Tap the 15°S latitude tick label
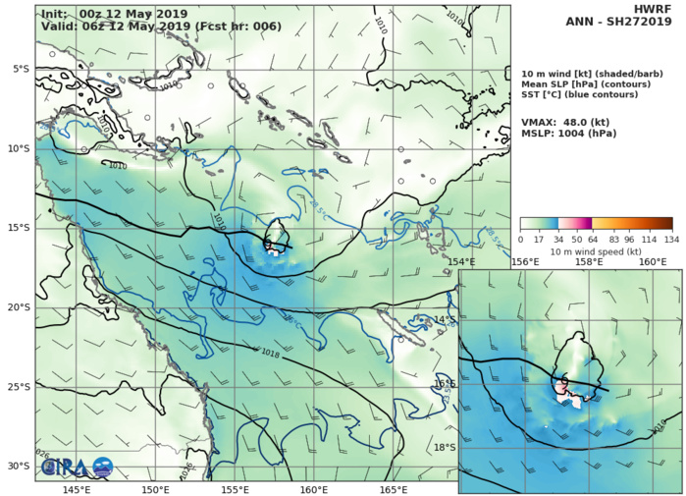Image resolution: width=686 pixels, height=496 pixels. pyautogui.click(x=19, y=228)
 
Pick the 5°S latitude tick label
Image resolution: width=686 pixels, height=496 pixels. pyautogui.click(x=19, y=69)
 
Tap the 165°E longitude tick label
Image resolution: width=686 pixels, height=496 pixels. pyautogui.click(x=393, y=488)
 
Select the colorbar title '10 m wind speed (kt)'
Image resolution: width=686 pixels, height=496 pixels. pyautogui.click(x=596, y=251)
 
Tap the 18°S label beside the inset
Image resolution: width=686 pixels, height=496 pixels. pyautogui.click(x=446, y=447)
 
